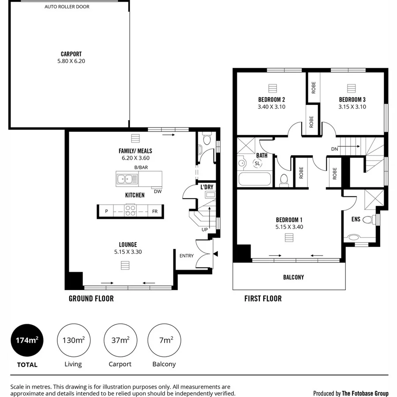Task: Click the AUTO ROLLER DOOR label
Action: (x=67, y=7)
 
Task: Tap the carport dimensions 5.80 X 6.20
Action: (x=71, y=61)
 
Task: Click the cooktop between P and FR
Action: (x=130, y=210)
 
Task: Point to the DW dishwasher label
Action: (x=157, y=191)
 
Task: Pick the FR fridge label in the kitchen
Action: (x=155, y=212)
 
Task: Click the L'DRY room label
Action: (x=207, y=187)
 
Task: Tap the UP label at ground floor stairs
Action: (x=204, y=230)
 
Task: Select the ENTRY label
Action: (x=187, y=255)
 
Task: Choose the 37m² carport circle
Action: (x=120, y=341)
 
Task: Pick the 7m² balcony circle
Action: (x=164, y=341)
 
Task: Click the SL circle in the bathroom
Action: (x=257, y=164)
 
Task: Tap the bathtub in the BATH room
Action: (x=254, y=180)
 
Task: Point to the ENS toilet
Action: (x=368, y=219)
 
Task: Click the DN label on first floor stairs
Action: (x=335, y=149)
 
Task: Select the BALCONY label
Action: (x=293, y=277)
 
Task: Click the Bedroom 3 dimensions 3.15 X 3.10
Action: (x=352, y=107)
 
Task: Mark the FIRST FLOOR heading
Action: (x=263, y=299)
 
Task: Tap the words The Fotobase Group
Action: (x=365, y=393)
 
